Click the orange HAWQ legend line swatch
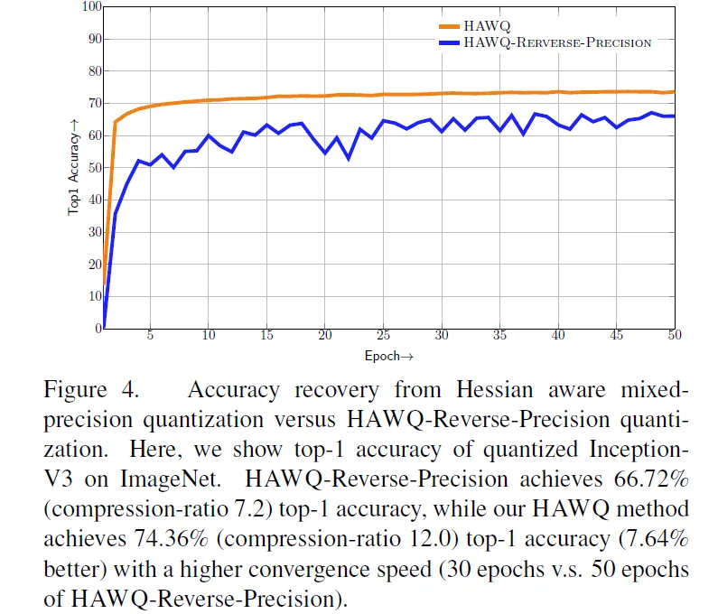[x=449, y=26]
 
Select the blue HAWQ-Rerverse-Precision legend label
[x=557, y=42]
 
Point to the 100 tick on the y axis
[x=91, y=7]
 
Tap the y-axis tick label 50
[x=94, y=168]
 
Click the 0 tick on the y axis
[x=98, y=329]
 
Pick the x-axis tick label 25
[x=383, y=335]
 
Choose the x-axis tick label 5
[x=150, y=335]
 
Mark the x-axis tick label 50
[x=675, y=335]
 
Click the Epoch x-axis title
[x=388, y=356]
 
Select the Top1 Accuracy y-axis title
[x=73, y=167]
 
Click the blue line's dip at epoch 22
[x=349, y=158]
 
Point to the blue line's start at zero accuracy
[x=105, y=328]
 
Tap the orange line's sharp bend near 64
[x=115, y=122]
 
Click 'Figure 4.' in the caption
[x=91, y=390]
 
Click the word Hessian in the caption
[x=495, y=390]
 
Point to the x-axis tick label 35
[x=499, y=335]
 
